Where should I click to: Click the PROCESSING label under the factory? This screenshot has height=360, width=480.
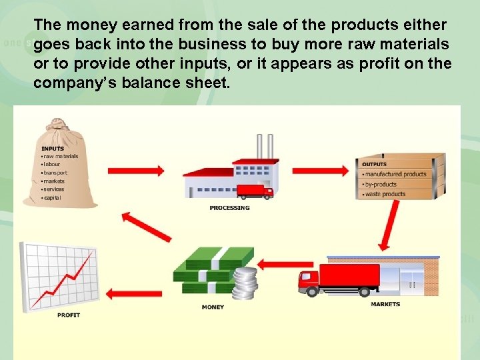[229, 207]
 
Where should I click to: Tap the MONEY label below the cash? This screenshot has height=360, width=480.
[213, 307]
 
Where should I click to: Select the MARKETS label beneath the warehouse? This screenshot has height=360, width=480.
[385, 304]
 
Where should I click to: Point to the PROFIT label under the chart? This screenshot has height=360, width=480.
[69, 315]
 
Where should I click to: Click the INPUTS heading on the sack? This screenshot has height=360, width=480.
[53, 149]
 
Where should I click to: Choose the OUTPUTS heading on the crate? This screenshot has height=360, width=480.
[375, 164]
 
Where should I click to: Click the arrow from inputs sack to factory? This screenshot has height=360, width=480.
[136, 171]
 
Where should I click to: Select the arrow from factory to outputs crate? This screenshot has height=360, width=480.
[320, 171]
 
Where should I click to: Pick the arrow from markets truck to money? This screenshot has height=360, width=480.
[276, 265]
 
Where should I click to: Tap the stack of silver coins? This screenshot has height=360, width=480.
[245, 283]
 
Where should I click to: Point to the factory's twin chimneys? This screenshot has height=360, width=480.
[265, 147]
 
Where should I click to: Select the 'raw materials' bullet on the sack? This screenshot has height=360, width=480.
[61, 156]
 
